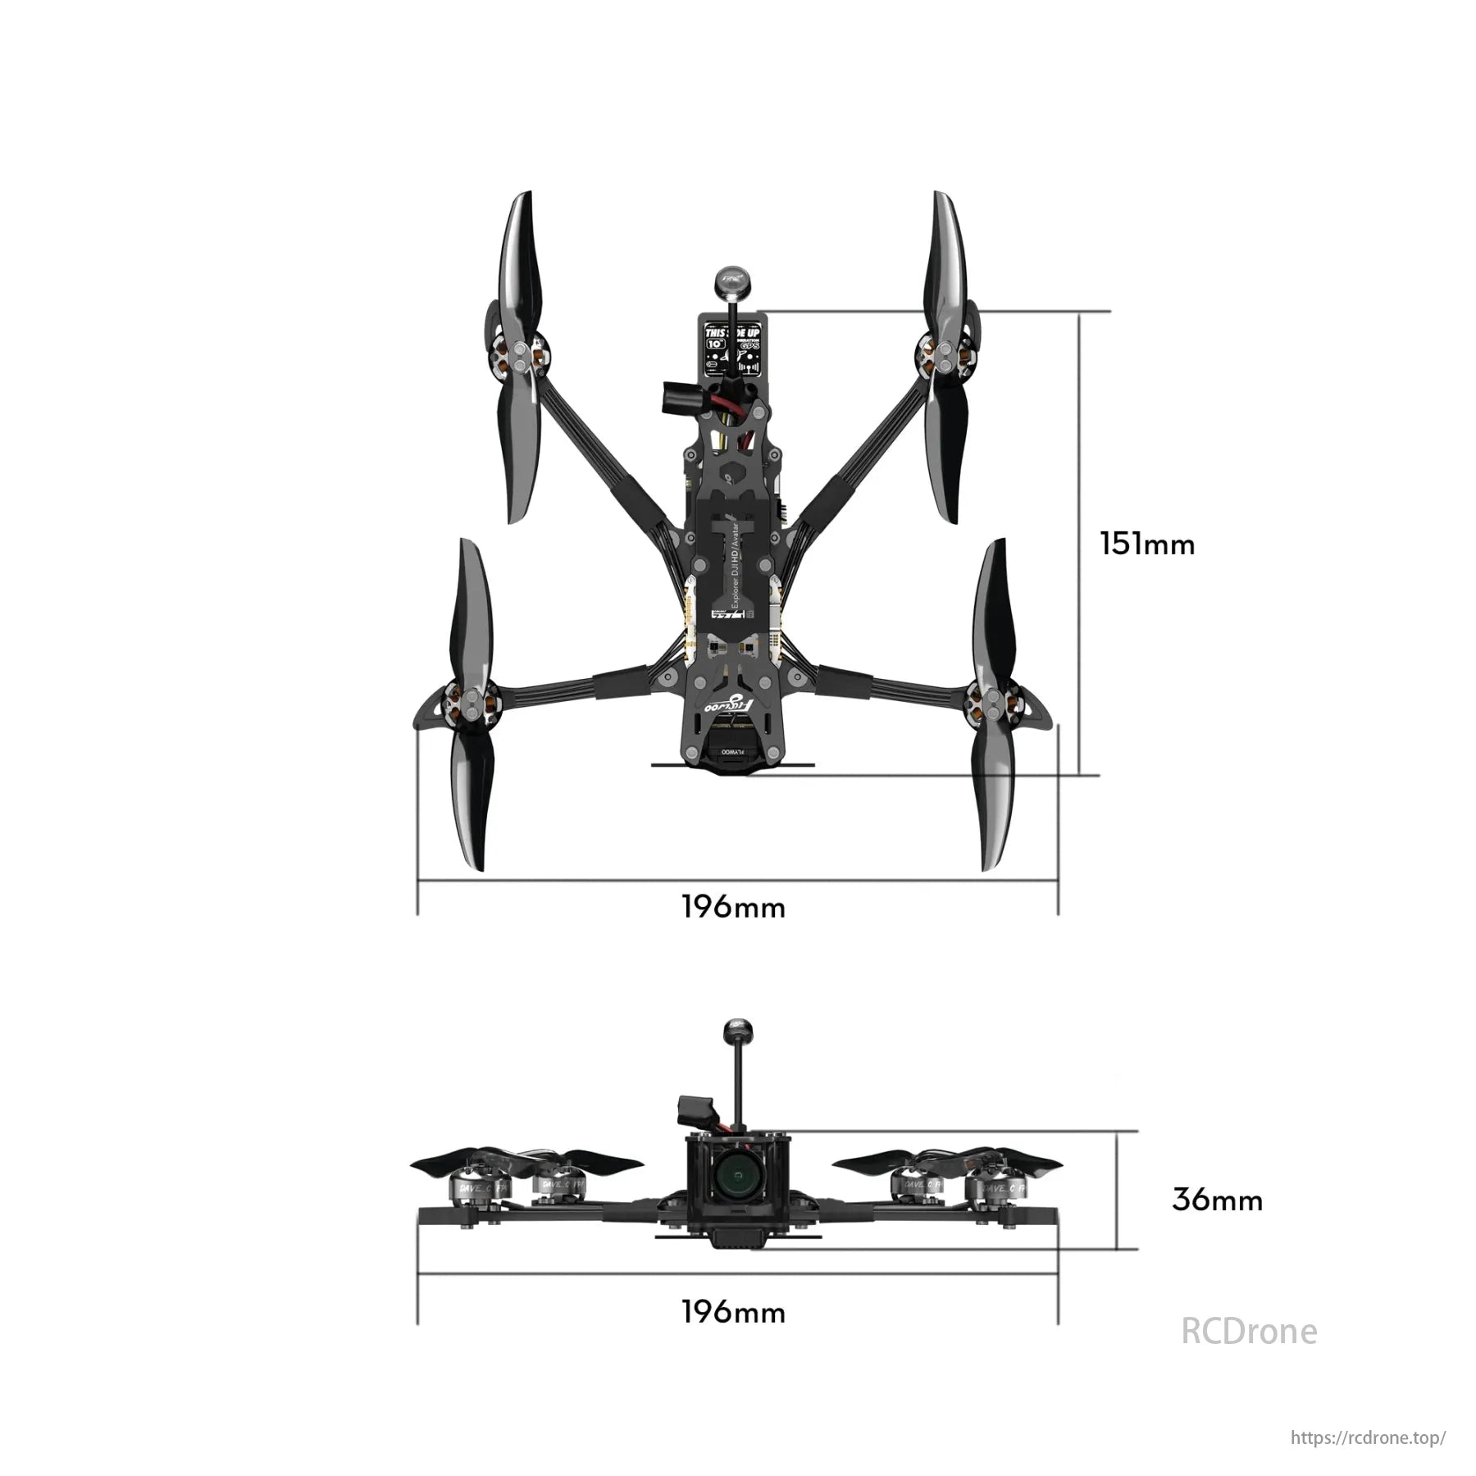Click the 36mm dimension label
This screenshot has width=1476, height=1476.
point(1217,1200)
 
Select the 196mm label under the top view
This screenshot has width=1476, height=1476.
point(733,908)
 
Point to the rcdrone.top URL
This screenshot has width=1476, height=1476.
point(1368,1437)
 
